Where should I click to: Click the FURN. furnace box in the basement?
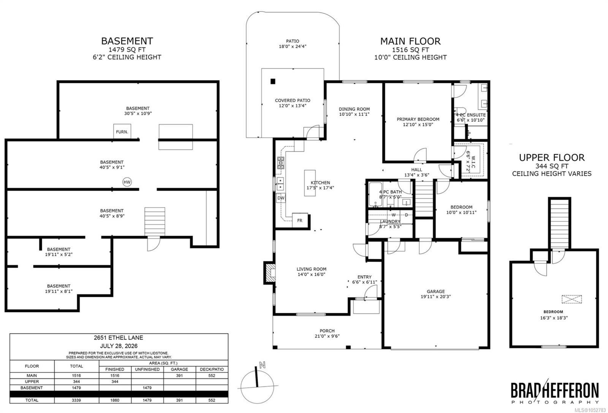(122, 131)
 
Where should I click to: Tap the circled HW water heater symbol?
(127, 182)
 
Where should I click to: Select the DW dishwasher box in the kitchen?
(281, 198)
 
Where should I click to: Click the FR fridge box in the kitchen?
(300, 221)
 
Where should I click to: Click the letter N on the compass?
(262, 365)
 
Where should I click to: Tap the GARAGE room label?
(435, 291)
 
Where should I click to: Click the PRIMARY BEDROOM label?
(418, 119)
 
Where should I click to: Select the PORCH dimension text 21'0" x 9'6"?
(327, 336)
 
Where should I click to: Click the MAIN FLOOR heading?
(410, 41)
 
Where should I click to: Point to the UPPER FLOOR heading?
(552, 158)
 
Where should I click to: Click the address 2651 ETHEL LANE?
(118, 337)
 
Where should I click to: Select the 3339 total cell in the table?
(76, 400)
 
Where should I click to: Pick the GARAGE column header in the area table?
(179, 369)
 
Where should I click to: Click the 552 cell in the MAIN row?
(212, 375)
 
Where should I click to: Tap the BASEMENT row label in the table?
(32, 388)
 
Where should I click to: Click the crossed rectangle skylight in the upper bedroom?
(572, 299)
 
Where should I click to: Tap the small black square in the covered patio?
(273, 81)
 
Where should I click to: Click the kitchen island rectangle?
(310, 183)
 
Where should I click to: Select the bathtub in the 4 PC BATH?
(375, 194)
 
